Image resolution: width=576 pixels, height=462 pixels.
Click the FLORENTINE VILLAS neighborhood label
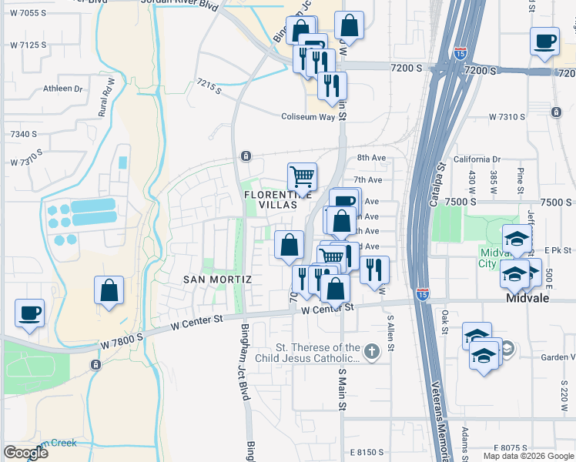click(x=270, y=195)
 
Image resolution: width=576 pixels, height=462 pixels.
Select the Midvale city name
click(x=527, y=298)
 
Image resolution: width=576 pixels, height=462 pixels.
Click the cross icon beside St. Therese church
click(x=371, y=353)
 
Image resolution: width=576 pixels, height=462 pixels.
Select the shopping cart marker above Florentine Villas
click(x=302, y=176)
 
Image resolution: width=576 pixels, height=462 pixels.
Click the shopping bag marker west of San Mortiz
click(x=109, y=291)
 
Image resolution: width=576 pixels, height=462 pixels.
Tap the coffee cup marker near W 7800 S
click(x=30, y=313)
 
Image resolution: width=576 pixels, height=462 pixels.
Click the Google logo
click(x=25, y=453)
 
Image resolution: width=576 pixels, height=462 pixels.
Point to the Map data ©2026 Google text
click(x=528, y=456)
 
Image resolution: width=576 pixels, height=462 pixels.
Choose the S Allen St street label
click(x=391, y=331)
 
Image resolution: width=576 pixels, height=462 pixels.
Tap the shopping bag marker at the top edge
click(x=349, y=25)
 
